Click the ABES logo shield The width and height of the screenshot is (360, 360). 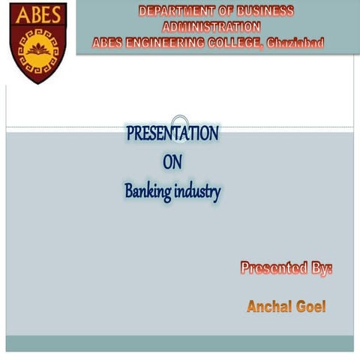click(37, 42)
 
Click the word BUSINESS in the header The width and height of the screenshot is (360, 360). click(264, 11)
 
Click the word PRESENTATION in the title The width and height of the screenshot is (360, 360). click(172, 134)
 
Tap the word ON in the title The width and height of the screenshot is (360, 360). click(172, 162)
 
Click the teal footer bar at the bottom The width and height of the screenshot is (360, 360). click(180, 343)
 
